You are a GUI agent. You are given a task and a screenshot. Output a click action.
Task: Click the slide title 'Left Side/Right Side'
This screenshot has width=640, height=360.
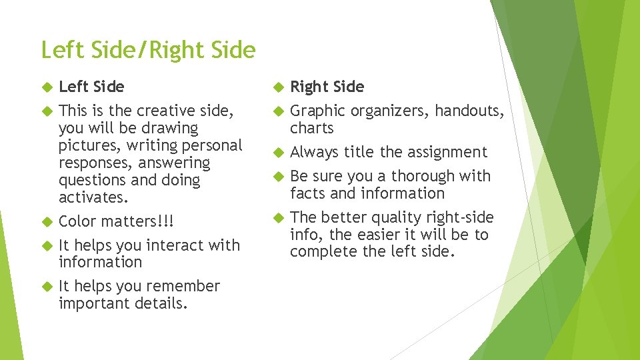[148, 50]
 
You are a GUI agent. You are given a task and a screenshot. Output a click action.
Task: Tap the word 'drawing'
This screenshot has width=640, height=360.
[171, 128]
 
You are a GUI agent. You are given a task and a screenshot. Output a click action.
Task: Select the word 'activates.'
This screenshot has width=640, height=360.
[93, 197]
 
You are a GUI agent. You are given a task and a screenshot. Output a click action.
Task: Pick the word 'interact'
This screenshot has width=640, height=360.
[173, 245]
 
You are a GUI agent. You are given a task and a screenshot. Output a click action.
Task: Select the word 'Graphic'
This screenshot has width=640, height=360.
[317, 111]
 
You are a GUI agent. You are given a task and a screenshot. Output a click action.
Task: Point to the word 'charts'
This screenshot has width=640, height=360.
[311, 128]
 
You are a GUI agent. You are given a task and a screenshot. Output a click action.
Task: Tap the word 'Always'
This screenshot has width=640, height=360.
[315, 152]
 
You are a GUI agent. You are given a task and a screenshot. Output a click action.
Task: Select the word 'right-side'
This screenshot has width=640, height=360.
[460, 217]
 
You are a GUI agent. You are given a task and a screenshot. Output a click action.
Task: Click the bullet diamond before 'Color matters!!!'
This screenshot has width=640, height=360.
[46, 221]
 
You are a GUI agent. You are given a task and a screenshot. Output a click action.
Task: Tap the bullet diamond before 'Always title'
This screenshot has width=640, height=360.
[277, 152]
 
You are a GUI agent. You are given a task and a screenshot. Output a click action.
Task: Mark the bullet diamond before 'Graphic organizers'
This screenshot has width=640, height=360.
[277, 111]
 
